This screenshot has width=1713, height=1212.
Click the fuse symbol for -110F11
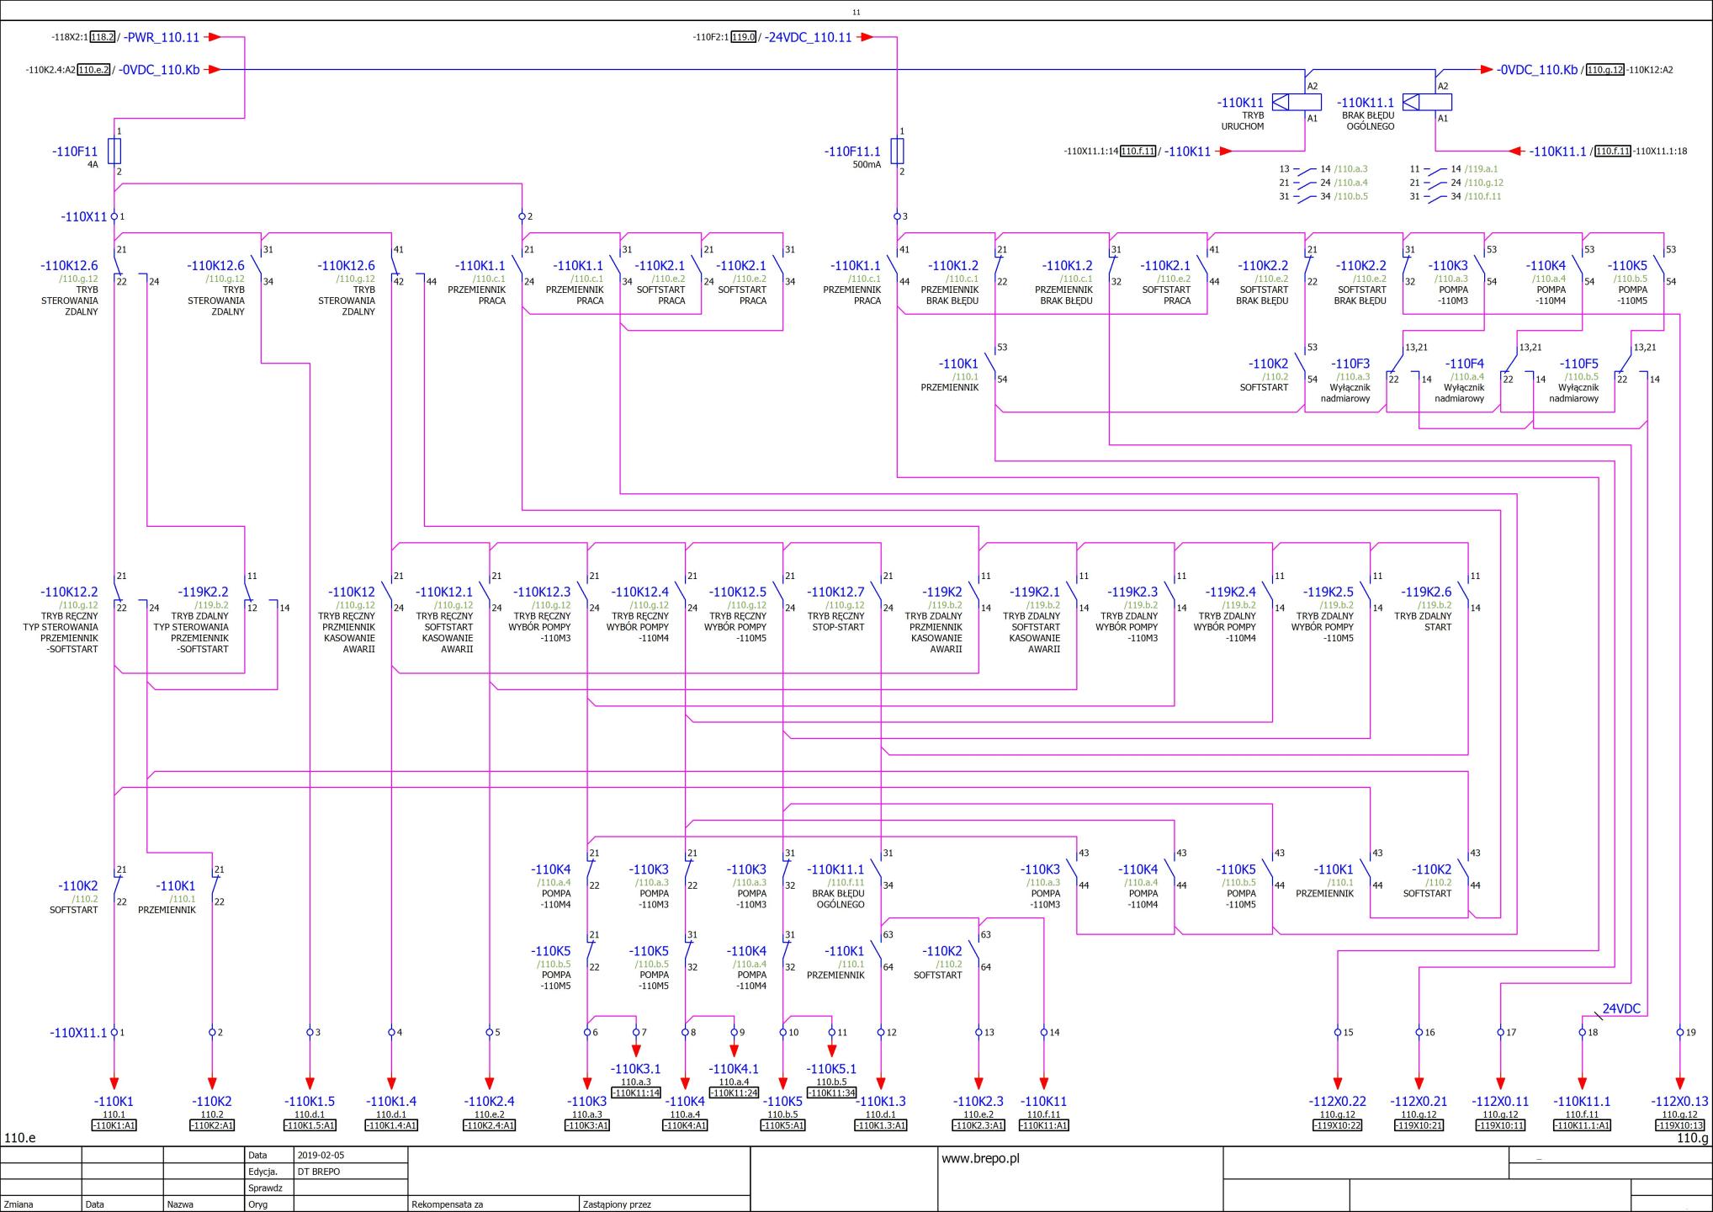coord(114,151)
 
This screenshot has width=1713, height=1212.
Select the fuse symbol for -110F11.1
coord(897,151)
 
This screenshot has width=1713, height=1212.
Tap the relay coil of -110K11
coord(1296,103)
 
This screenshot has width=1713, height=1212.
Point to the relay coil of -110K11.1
coord(1427,103)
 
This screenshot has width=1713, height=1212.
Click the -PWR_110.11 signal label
coord(162,37)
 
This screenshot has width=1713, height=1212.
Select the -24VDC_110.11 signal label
coord(808,37)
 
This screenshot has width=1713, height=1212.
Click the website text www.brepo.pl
coord(980,1158)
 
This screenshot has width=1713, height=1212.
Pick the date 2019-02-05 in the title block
coord(321,1155)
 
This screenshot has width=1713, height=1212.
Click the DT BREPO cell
coord(319,1172)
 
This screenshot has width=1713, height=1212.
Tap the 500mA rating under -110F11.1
coord(867,165)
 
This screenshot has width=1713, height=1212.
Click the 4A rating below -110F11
coord(93,165)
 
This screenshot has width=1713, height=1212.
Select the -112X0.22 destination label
coord(1338,1101)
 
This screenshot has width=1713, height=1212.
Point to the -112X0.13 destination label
coord(1680,1101)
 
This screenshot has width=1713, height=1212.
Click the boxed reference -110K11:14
coord(636,1092)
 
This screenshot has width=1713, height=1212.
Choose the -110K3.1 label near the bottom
coord(636,1069)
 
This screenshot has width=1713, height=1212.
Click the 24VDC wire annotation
coord(1621,1008)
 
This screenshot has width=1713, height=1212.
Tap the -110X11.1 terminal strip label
coord(78,1033)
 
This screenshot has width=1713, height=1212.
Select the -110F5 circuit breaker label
coord(1579,364)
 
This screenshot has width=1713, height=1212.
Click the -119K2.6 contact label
coord(1426,592)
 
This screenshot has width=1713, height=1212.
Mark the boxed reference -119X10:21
coord(1419,1125)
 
